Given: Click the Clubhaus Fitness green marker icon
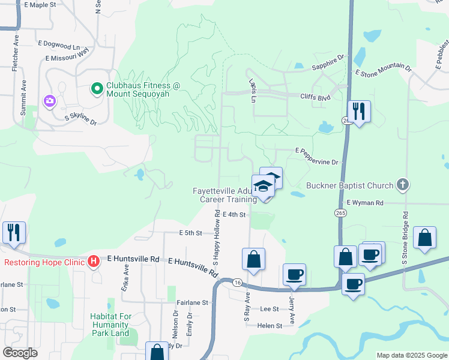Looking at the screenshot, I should click(x=96, y=89).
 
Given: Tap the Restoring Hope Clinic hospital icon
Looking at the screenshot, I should click(x=93, y=262).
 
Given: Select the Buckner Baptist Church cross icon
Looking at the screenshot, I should click(x=402, y=185).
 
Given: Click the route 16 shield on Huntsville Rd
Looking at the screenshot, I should click(x=238, y=282).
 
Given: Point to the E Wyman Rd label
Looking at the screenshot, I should click(x=364, y=203).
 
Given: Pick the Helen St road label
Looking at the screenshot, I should click(x=270, y=326).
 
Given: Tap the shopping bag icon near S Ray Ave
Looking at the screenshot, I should click(x=253, y=260).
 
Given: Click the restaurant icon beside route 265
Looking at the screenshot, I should click(x=359, y=112).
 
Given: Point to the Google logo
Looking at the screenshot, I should click(x=20, y=353).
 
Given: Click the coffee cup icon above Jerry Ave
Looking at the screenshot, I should click(x=294, y=275).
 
